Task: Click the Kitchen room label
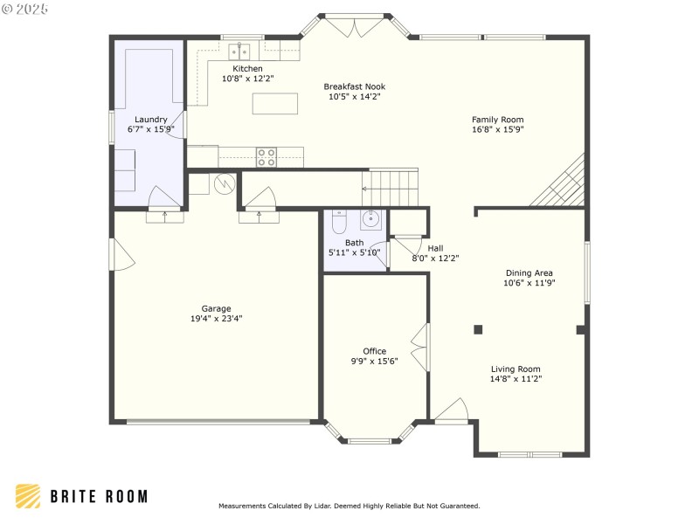pyautogui.click(x=247, y=69)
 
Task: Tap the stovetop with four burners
pyautogui.click(x=266, y=157)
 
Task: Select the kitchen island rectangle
pyautogui.click(x=275, y=103)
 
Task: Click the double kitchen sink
pyautogui.click(x=239, y=52)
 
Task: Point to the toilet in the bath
pyautogui.click(x=340, y=222)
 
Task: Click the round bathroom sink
pyautogui.click(x=370, y=220)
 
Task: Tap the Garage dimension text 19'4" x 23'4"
pyautogui.click(x=216, y=319)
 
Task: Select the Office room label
pyautogui.click(x=375, y=351)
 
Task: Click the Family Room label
pyautogui.click(x=497, y=120)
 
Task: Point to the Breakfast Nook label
pyautogui.click(x=355, y=86)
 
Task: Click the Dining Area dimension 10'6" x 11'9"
pyautogui.click(x=529, y=283)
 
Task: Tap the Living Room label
pyautogui.click(x=516, y=369)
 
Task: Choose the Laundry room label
pyautogui.click(x=150, y=120)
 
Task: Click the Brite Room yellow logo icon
pyautogui.click(x=28, y=496)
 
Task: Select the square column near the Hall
pyautogui.click(x=478, y=330)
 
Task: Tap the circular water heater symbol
pyautogui.click(x=225, y=183)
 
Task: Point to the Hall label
pyautogui.click(x=435, y=248)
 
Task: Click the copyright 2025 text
pyautogui.click(x=24, y=9)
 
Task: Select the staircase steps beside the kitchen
pyautogui.click(x=391, y=187)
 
